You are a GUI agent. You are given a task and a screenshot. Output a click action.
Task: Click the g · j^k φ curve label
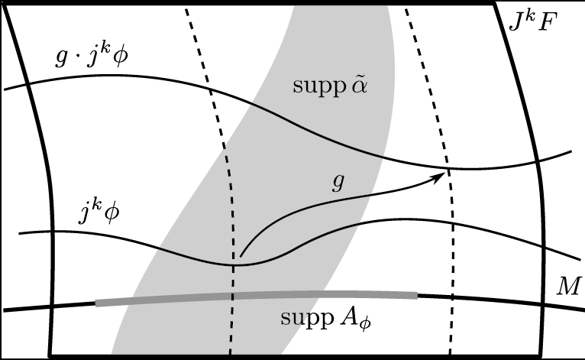tap(92, 57)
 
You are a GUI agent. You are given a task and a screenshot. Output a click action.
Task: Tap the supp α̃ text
tap(330, 86)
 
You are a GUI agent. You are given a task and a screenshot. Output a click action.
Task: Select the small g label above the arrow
tap(338, 183)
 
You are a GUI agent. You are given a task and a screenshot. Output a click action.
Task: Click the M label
tap(569, 286)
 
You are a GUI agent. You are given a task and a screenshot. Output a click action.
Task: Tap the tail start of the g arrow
tap(241, 257)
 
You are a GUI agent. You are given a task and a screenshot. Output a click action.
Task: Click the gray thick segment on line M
tap(257, 296)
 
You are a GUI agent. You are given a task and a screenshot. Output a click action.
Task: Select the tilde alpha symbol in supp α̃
tap(359, 86)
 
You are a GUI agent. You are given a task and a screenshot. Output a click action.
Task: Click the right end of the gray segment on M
tap(418, 296)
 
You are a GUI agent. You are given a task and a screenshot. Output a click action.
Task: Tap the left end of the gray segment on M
tap(96, 303)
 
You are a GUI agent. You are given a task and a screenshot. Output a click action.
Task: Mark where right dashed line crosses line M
tap(452, 297)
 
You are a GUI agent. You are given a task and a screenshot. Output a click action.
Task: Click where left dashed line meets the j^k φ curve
tap(233, 265)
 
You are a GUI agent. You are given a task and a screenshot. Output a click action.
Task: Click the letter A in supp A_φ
tap(350, 317)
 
